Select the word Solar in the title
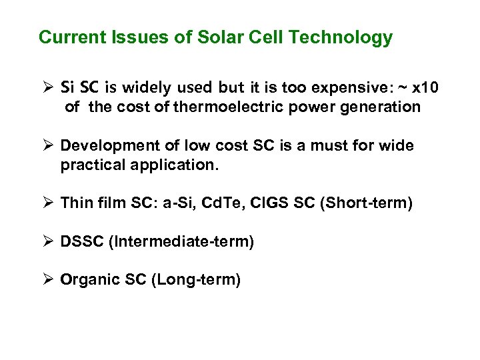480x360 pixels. point(212,37)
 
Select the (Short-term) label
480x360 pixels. point(367,203)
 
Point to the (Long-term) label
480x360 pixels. point(196,279)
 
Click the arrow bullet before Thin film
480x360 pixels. point(47,203)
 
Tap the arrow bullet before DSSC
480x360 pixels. point(47,241)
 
